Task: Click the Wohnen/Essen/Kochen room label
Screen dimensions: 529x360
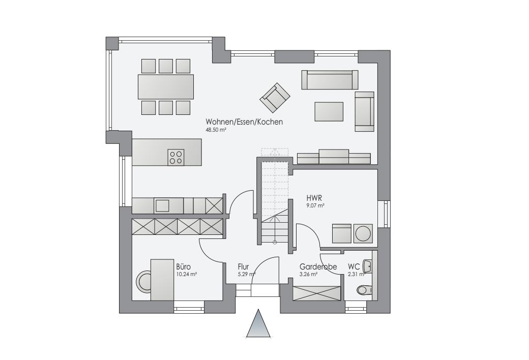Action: tap(244, 122)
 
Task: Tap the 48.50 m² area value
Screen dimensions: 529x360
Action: tap(216, 130)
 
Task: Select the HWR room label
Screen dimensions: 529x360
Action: tap(314, 198)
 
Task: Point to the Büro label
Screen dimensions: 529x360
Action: tap(183, 266)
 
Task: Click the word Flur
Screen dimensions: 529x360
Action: tap(243, 266)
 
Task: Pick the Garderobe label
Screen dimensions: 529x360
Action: tap(318, 266)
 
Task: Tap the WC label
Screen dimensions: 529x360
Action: tap(354, 266)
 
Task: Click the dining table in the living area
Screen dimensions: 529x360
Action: tap(166, 87)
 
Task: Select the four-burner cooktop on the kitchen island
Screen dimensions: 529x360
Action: tap(176, 157)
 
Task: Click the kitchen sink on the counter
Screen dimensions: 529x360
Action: tap(162, 205)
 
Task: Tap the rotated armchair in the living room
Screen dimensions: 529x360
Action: tap(275, 98)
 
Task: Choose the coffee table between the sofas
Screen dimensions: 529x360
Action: tap(329, 112)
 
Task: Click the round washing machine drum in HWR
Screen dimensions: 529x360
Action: tap(363, 234)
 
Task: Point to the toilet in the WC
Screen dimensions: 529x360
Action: tap(364, 290)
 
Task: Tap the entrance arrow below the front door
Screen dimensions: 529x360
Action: tap(258, 323)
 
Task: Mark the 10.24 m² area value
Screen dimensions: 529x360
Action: tap(187, 274)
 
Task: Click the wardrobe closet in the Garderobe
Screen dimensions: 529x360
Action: tap(316, 293)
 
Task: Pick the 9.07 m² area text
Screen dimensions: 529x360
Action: tap(315, 205)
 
